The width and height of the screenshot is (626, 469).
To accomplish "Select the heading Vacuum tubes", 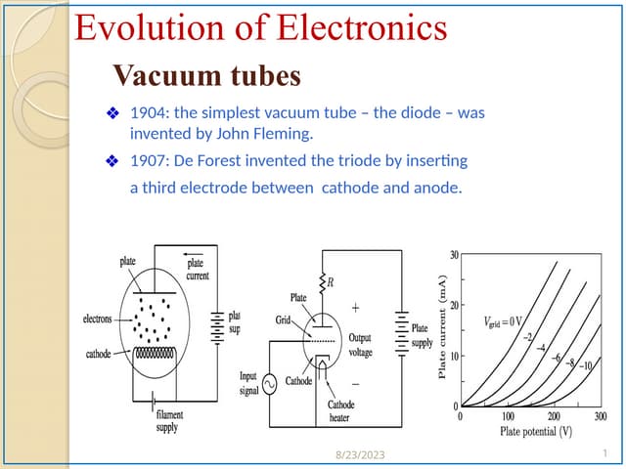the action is (206, 75).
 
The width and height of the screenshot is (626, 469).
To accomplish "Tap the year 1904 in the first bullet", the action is (148, 113).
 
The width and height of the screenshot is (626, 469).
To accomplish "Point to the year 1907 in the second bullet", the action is (148, 160).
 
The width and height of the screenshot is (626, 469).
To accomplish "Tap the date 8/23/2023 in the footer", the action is (360, 454).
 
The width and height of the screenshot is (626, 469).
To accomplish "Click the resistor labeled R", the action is (322, 283).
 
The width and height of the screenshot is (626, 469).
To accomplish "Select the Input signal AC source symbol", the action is (270, 384).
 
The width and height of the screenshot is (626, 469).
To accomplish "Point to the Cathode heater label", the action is (340, 411).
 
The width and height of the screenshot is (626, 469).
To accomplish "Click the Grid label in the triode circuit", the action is (283, 320).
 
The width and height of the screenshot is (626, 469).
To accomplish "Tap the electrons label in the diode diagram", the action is (98, 320).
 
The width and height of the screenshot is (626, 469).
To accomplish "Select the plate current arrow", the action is (194, 254).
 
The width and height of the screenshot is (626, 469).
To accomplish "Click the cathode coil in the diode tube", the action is (155, 354).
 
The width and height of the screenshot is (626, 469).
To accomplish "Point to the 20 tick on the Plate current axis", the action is (454, 305).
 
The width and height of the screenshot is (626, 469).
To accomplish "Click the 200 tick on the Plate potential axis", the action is (554, 416).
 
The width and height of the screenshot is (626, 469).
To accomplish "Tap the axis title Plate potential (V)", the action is (536, 432).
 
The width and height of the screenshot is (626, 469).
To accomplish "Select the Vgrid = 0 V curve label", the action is (503, 321).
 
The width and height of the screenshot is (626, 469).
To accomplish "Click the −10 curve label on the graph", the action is (586, 365).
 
